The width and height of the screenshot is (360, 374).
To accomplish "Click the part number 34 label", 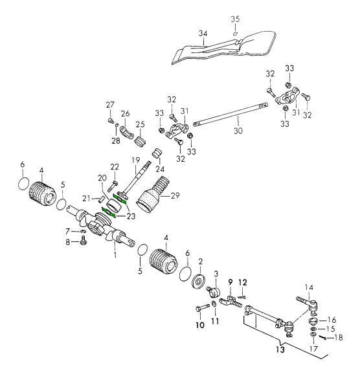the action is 203,34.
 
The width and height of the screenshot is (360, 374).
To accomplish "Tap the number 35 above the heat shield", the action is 235,19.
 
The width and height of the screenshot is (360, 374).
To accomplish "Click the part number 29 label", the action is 175,196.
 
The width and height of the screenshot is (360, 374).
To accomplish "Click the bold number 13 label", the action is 280,349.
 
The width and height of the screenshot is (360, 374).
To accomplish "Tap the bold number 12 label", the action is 243,282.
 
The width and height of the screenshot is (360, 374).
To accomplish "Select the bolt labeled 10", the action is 203,308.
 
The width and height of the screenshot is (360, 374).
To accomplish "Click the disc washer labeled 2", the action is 199,282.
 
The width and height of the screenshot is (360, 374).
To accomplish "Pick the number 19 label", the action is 136,160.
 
